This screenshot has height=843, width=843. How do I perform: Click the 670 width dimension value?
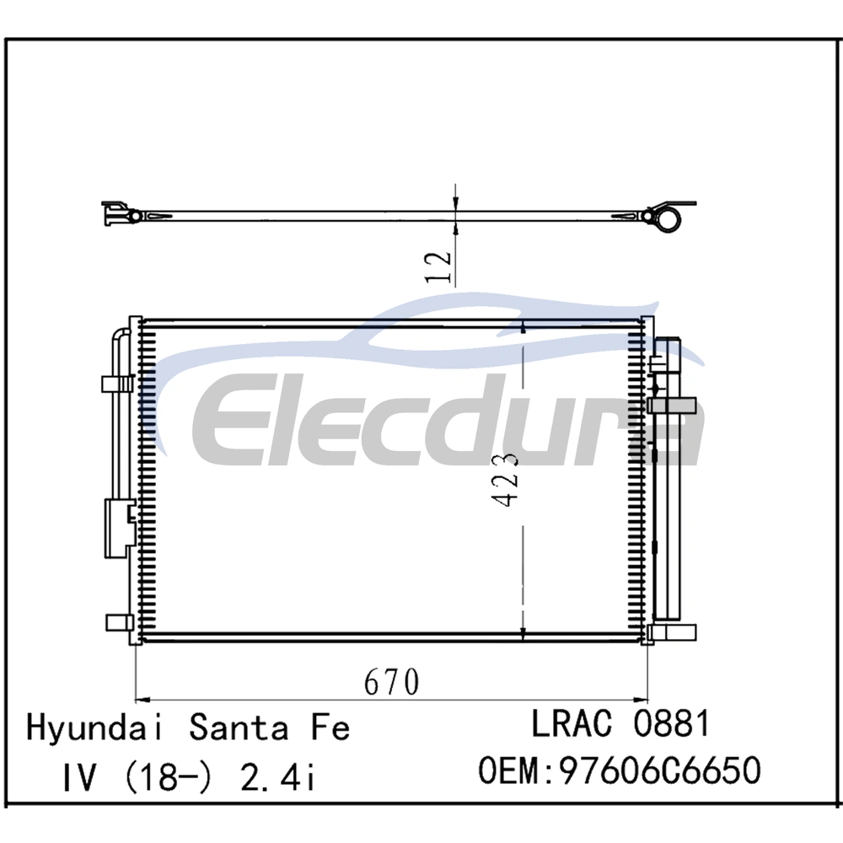coord(391,682)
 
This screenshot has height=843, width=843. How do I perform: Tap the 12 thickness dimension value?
coord(438,266)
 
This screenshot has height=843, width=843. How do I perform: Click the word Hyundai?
coord(94,728)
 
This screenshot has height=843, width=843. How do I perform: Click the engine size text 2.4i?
coord(277,777)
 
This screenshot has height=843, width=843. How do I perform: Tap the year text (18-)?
coord(168,778)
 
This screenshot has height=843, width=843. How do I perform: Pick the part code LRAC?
coord(572,723)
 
